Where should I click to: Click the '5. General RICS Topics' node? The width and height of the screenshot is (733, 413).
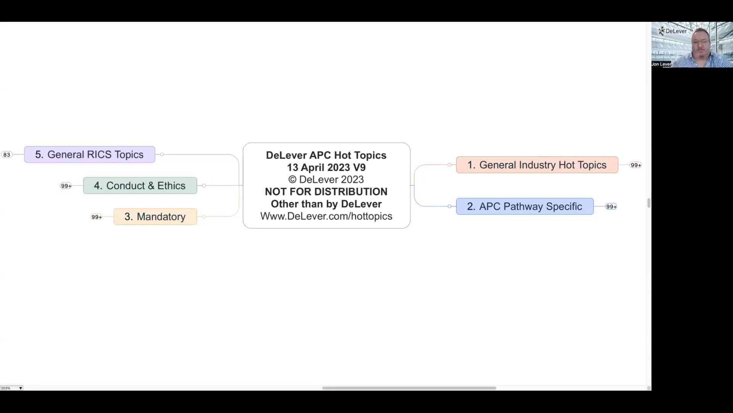[89, 154]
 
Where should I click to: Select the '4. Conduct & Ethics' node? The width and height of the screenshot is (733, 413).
[140, 185]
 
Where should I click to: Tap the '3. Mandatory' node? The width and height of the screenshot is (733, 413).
[155, 216]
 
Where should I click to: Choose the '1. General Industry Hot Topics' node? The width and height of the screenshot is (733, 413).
[537, 165]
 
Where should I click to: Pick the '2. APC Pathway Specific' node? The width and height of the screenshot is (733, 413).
[525, 206]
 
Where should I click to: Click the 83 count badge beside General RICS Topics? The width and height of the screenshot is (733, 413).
[7, 154]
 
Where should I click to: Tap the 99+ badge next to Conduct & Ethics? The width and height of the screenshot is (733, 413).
[66, 186]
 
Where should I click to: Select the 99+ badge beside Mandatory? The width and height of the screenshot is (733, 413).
[97, 217]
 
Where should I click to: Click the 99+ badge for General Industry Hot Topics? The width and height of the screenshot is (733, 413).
[636, 165]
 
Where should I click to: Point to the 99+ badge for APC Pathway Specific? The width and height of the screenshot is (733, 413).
[611, 206]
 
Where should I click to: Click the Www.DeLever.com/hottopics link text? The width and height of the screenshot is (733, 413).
[326, 216]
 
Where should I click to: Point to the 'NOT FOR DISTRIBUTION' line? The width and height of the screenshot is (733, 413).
[326, 192]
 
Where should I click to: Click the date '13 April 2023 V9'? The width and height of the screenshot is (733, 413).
[326, 167]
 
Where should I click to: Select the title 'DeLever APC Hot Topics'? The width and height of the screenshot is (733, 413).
[326, 155]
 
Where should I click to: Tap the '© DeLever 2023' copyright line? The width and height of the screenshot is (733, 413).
[326, 179]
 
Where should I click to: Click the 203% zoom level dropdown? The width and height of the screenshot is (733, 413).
[11, 388]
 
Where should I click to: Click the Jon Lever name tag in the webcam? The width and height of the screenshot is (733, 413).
[661, 64]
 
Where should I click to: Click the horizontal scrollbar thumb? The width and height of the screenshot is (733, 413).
[409, 388]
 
